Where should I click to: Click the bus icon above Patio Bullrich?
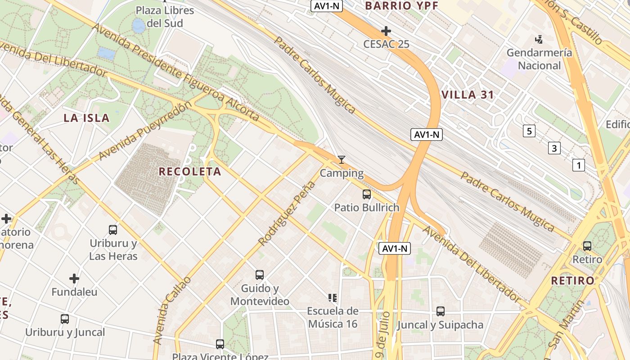[x=367, y=194]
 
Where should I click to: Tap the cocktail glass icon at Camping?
[x=342, y=160]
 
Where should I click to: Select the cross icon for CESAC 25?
[x=386, y=31]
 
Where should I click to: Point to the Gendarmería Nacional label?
[x=539, y=59]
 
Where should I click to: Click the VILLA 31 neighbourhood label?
[x=468, y=95]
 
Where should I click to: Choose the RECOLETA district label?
[x=190, y=171]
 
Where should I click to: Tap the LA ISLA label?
[x=86, y=118]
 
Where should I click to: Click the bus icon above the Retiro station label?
[x=587, y=246]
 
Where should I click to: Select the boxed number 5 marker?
[x=529, y=131]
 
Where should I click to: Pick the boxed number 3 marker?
[x=554, y=148]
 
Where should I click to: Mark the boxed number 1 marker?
[x=578, y=165]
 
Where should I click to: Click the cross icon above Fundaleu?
[x=74, y=279]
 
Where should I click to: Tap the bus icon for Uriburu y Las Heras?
[x=113, y=230]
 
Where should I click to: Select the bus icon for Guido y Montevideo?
[x=260, y=275]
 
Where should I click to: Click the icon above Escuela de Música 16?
[x=333, y=297]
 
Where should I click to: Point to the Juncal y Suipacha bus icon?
[x=441, y=311]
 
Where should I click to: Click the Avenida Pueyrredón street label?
[x=145, y=131]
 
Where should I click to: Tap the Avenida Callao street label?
[x=171, y=310]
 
